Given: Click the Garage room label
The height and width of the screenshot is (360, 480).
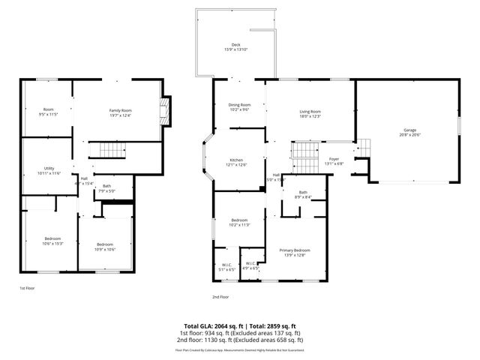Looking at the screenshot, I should pyautogui.click(x=409, y=132).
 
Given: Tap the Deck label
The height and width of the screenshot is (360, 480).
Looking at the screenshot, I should pyautogui.click(x=235, y=47).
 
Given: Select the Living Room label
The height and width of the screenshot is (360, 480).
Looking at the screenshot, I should pyautogui.click(x=310, y=113).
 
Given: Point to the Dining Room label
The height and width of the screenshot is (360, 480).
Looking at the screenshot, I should pyautogui.click(x=240, y=106).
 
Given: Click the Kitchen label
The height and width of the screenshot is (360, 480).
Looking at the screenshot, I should pyautogui.click(x=237, y=162).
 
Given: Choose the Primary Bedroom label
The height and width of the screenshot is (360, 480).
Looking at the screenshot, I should pyautogui.click(x=295, y=253).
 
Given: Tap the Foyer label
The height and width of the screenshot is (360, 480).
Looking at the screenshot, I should pyautogui.click(x=334, y=161).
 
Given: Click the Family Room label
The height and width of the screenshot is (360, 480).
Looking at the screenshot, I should pyautogui.click(x=120, y=112).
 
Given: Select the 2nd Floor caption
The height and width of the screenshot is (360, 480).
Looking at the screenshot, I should pyautogui.click(x=220, y=297).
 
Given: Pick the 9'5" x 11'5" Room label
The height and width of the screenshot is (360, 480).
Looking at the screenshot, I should pyautogui.click(x=48, y=112).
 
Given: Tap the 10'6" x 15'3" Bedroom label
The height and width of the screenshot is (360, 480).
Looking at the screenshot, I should pyautogui.click(x=52, y=241).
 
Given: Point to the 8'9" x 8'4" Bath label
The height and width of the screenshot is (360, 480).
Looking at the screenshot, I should pyautogui.click(x=303, y=195).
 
